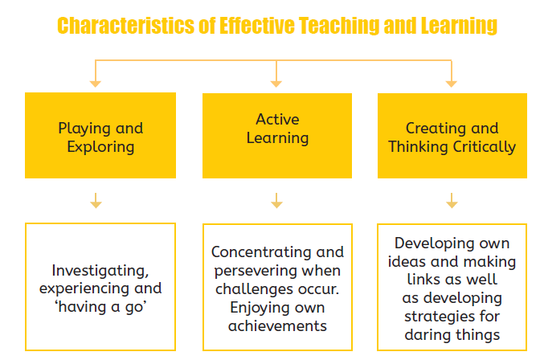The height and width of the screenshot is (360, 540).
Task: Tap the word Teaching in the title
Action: tap(338, 26)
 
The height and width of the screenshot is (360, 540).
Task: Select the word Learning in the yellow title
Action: tap(459, 26)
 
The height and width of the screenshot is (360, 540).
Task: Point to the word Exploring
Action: tap(100, 147)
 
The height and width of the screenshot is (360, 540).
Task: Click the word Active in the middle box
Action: tap(277, 120)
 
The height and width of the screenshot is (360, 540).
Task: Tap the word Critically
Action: tap(485, 147)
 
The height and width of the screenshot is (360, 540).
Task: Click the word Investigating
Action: tap(100, 271)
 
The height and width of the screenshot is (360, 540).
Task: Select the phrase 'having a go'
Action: tap(100, 307)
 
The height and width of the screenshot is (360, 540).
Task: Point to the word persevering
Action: tap(256, 271)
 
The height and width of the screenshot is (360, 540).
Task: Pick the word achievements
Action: tap(277, 326)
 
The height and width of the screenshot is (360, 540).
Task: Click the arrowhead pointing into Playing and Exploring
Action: tap(96, 84)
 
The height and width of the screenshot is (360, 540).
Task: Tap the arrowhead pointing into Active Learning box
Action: tap(276, 84)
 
